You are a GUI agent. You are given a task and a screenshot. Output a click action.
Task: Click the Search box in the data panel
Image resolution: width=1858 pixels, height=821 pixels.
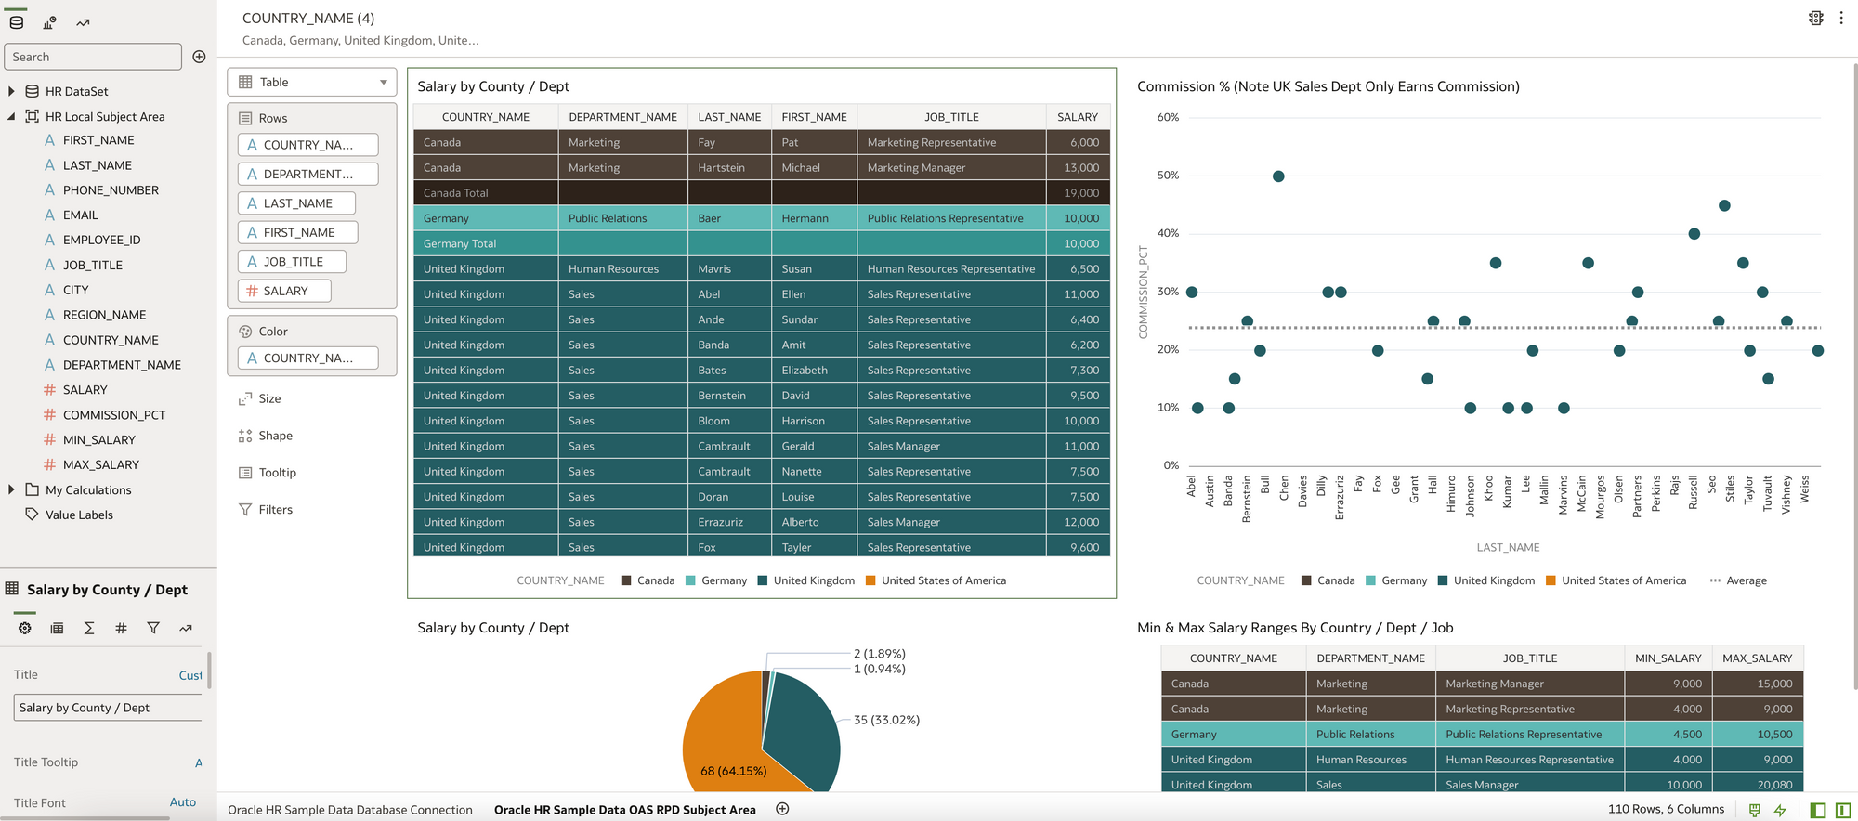pos(93,57)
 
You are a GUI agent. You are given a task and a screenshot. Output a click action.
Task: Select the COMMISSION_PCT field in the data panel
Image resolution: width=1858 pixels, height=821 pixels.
pos(113,415)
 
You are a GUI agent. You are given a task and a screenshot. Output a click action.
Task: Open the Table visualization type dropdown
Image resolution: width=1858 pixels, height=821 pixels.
pos(312,82)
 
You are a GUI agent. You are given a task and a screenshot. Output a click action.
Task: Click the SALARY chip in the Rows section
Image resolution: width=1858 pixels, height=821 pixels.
pos(284,291)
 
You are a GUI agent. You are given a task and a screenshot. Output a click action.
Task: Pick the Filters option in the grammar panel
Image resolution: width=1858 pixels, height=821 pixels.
pos(275,509)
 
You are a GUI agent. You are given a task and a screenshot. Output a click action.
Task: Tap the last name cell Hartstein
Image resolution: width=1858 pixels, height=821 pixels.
pos(722,168)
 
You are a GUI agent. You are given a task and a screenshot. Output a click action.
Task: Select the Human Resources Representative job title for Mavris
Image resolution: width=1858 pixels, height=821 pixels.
pos(950,269)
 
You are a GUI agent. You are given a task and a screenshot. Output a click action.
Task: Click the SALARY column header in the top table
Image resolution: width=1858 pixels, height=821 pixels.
pos(1077,117)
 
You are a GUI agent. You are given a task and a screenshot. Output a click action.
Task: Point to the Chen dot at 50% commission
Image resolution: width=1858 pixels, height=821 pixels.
pos(1278,176)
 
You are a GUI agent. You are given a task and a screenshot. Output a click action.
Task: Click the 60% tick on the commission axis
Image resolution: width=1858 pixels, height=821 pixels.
pos(1168,118)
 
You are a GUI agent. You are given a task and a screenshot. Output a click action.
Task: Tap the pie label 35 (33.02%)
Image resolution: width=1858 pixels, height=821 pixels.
pos(886,720)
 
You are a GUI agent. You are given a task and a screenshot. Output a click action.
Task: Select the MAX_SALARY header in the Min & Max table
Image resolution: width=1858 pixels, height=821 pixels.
pos(1757,658)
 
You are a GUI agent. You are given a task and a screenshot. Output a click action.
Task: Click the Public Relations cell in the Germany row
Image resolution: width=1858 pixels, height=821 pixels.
pos(1355,735)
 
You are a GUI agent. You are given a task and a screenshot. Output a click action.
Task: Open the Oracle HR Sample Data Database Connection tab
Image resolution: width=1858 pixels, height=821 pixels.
pos(350,810)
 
